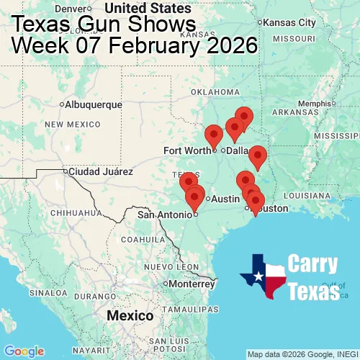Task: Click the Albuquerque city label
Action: (x=94, y=104)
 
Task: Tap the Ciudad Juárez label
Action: (x=102, y=172)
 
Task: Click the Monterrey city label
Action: (x=193, y=284)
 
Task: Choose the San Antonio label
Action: (x=165, y=214)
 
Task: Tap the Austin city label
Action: (x=225, y=199)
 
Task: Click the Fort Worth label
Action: (x=187, y=150)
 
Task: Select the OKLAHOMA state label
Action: (x=215, y=92)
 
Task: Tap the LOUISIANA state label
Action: (x=306, y=195)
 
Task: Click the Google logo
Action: (x=24, y=351)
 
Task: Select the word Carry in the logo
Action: (x=314, y=264)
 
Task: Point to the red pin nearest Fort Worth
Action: (x=214, y=135)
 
